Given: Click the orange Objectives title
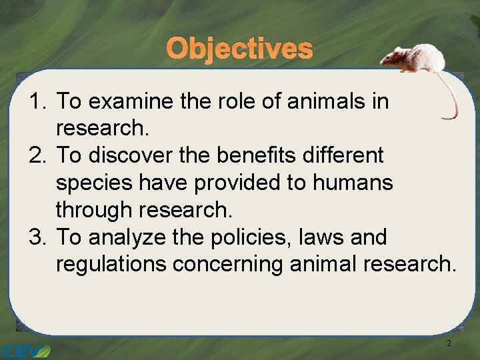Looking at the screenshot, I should coord(239,49).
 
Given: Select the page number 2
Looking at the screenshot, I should coord(449,343).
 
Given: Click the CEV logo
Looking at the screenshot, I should coord(25,351).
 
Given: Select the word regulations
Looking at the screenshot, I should coord(111,265).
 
